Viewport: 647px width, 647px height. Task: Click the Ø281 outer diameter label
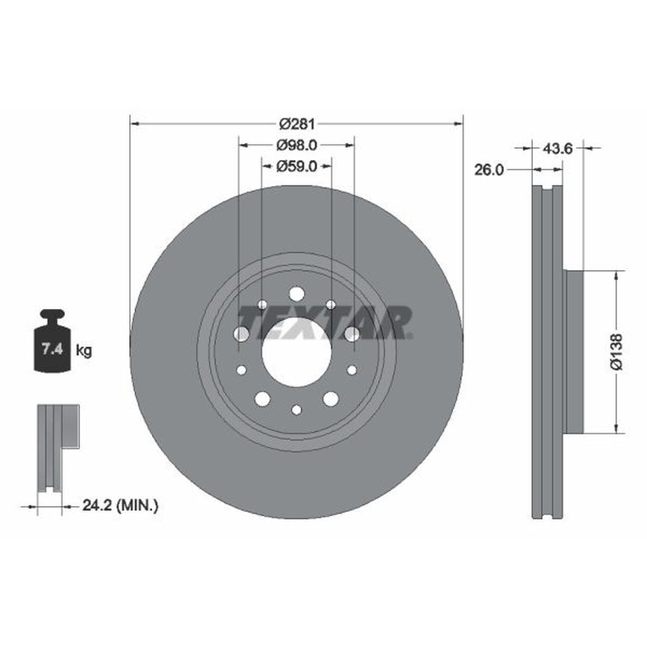point(297,124)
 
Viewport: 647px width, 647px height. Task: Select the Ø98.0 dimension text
point(297,145)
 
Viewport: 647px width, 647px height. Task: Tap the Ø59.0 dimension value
point(297,166)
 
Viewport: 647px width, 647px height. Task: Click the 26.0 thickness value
point(489,169)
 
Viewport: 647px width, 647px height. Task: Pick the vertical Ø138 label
point(616,352)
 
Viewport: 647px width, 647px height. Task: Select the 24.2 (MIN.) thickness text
point(120,505)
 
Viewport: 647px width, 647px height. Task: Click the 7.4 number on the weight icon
point(52,349)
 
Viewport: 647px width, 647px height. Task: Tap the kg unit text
point(84,351)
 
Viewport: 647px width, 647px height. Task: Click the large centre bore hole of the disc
point(297,352)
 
